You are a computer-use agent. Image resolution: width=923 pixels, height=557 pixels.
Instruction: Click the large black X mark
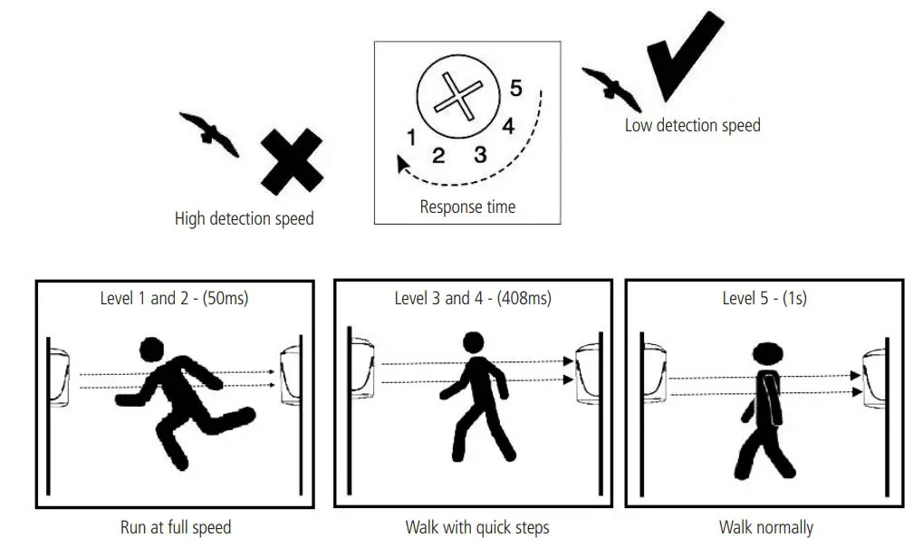click(x=292, y=161)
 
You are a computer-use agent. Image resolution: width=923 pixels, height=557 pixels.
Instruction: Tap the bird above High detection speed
click(x=210, y=134)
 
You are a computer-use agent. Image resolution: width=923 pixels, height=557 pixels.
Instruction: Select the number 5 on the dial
click(x=515, y=89)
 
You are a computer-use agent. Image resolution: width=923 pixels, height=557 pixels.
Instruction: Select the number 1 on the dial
click(x=410, y=138)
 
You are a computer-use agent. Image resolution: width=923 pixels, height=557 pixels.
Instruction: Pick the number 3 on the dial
click(x=480, y=154)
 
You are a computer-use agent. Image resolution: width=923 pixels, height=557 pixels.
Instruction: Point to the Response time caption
click(x=467, y=206)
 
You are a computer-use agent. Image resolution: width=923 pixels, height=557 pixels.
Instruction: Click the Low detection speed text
click(x=692, y=126)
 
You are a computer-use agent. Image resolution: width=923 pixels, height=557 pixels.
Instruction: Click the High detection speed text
click(x=244, y=218)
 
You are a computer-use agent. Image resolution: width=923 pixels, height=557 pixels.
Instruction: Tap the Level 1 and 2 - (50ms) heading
click(x=174, y=298)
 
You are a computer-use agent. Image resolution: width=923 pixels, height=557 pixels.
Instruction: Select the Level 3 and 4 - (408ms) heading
click(x=472, y=298)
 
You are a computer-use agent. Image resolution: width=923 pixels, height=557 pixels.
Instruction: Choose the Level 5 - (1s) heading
click(x=764, y=298)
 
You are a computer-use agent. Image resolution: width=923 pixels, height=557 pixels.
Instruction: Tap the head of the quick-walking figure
click(x=474, y=343)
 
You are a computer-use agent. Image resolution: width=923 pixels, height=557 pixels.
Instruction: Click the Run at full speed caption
click(x=176, y=527)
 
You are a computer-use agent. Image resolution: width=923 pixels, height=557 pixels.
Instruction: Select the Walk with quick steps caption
click(x=476, y=527)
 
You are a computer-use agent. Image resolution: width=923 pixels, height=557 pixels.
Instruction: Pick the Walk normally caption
click(x=765, y=527)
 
